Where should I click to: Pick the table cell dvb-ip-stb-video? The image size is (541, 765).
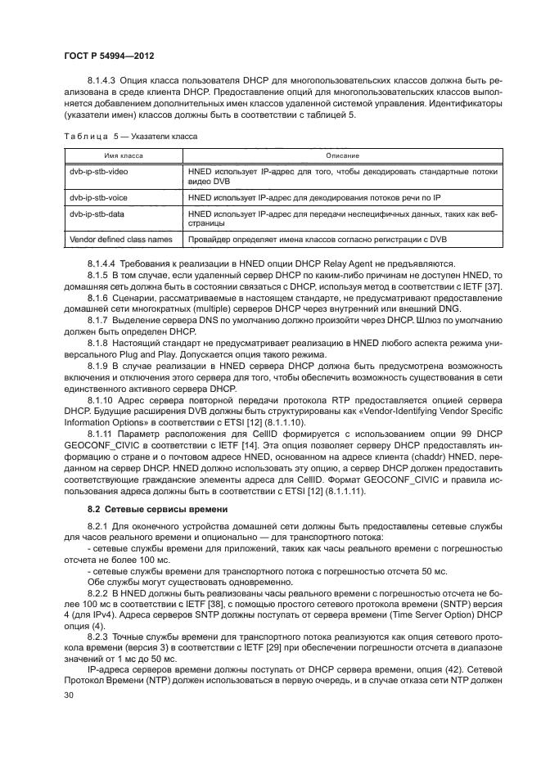(100, 173)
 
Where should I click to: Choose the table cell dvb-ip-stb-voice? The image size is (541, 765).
(99, 198)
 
